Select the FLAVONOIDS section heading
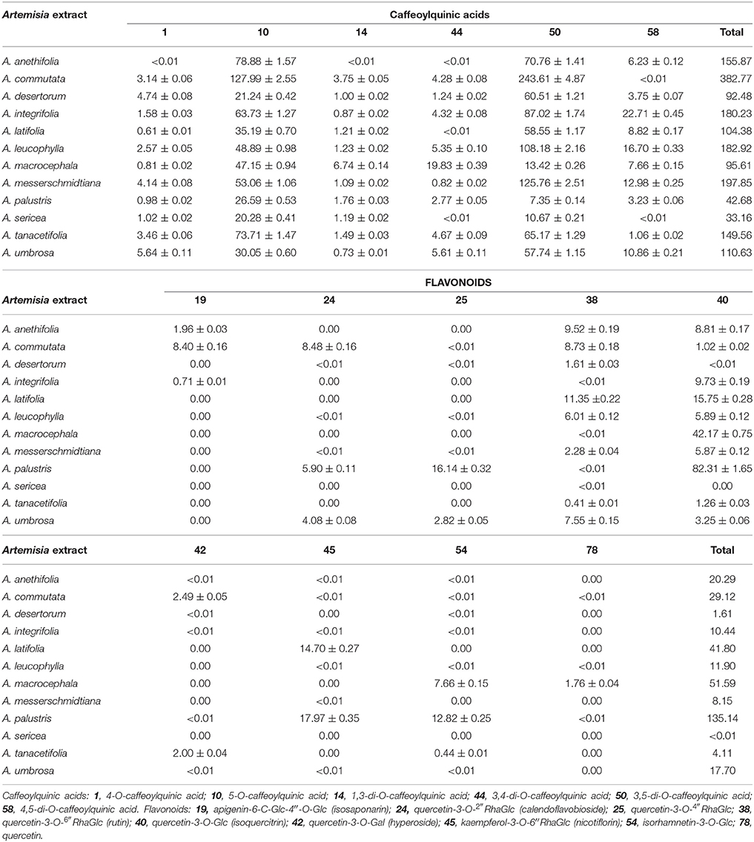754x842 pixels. click(454, 282)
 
